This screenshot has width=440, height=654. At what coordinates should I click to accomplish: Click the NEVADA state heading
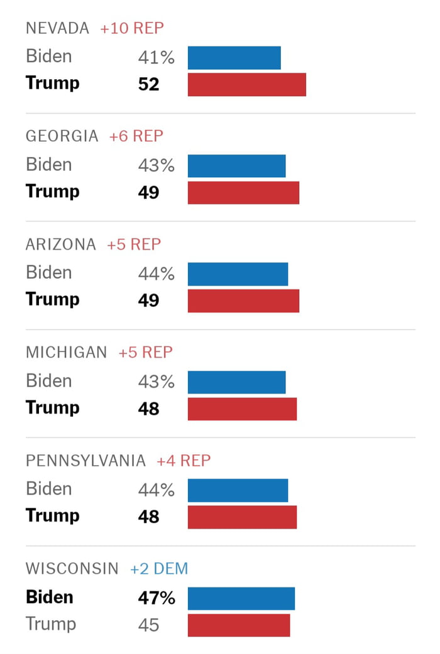click(57, 28)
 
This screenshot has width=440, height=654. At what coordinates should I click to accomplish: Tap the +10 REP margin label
click(132, 28)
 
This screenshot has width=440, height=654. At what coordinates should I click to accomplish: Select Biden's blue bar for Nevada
click(234, 58)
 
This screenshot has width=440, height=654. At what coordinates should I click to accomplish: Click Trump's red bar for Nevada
click(246, 85)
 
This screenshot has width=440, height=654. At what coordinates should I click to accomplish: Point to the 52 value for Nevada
click(149, 84)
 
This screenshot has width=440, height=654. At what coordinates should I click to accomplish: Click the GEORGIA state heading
click(62, 136)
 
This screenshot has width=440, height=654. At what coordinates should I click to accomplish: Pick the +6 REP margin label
click(136, 136)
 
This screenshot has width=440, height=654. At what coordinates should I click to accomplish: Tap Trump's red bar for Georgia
click(243, 193)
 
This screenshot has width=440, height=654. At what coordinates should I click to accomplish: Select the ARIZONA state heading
click(61, 244)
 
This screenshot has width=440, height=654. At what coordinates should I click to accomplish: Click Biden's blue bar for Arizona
click(238, 274)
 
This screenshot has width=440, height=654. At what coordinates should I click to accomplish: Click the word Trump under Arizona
click(53, 299)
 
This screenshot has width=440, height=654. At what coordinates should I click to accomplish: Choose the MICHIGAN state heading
click(66, 353)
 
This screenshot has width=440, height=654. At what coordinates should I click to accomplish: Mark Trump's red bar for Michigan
click(242, 409)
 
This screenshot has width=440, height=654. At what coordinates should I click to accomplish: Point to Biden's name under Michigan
click(49, 381)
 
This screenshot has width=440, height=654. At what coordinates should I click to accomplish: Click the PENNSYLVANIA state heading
click(85, 461)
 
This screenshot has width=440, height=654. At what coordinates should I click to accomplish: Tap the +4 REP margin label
click(184, 461)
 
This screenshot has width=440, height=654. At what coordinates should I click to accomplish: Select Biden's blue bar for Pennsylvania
click(238, 490)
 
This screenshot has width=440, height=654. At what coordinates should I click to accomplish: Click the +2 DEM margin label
click(159, 569)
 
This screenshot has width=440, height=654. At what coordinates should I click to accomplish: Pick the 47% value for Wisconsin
click(157, 598)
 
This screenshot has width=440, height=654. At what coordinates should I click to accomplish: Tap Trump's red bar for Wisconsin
click(239, 625)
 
